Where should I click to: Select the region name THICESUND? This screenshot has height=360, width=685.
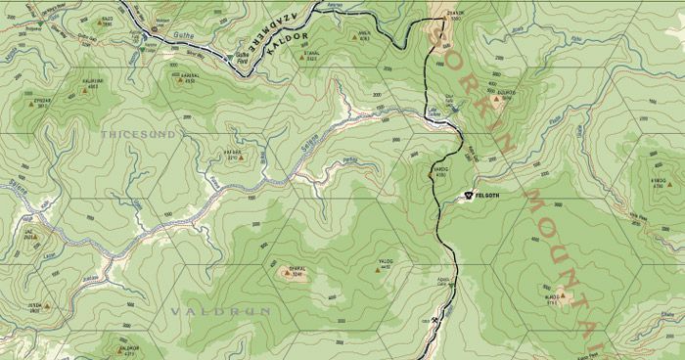[138, 132]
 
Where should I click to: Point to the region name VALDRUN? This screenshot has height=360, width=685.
[205, 311]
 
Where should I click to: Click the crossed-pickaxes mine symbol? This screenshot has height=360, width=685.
[434, 320]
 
